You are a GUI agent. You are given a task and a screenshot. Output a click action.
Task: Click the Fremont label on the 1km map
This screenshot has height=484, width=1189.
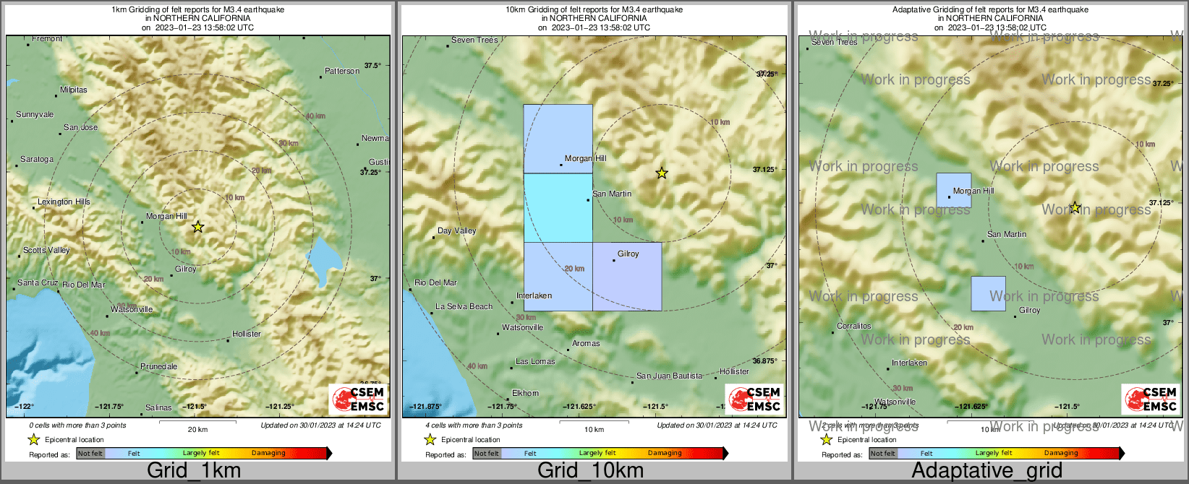coord(47,39)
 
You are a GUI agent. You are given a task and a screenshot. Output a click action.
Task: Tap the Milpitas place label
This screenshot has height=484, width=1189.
coord(73,90)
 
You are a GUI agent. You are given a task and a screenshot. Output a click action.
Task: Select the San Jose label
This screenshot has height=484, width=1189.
coord(80,128)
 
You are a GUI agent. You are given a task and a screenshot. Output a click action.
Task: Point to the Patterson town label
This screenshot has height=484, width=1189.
coord(342,72)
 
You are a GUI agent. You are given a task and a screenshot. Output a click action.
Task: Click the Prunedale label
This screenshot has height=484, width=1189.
coord(158,367)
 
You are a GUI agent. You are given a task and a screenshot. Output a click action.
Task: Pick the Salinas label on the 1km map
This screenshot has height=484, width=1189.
coord(158,408)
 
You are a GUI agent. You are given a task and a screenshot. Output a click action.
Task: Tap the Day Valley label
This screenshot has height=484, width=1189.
coord(456,231)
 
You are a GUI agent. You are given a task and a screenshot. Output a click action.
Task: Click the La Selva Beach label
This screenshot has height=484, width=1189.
coord(464,307)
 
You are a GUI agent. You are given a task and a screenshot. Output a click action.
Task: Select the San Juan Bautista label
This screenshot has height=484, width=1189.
coord(669,376)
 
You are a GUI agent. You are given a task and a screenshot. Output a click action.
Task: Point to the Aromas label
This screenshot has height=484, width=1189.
coord(586,344)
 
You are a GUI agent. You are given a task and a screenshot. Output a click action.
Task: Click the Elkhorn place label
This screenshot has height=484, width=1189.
coord(525,394)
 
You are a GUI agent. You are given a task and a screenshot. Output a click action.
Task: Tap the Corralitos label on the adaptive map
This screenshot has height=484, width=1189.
coord(854,327)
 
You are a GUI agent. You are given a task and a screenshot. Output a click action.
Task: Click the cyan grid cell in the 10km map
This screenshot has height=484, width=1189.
coord(558,208)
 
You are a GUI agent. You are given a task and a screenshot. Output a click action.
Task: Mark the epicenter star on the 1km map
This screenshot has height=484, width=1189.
coord(197,227)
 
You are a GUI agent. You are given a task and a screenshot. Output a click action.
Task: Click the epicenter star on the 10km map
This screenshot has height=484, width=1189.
coord(661,173)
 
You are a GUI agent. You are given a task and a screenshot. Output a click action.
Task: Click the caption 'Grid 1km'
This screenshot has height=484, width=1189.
coord(194,471)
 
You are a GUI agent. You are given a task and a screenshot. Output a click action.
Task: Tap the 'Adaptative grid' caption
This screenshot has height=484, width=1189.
coord(986,471)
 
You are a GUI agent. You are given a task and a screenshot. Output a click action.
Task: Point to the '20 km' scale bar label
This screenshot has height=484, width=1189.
coord(197,429)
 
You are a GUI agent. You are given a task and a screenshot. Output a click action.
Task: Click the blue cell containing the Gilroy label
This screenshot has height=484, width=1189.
coord(627,277)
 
